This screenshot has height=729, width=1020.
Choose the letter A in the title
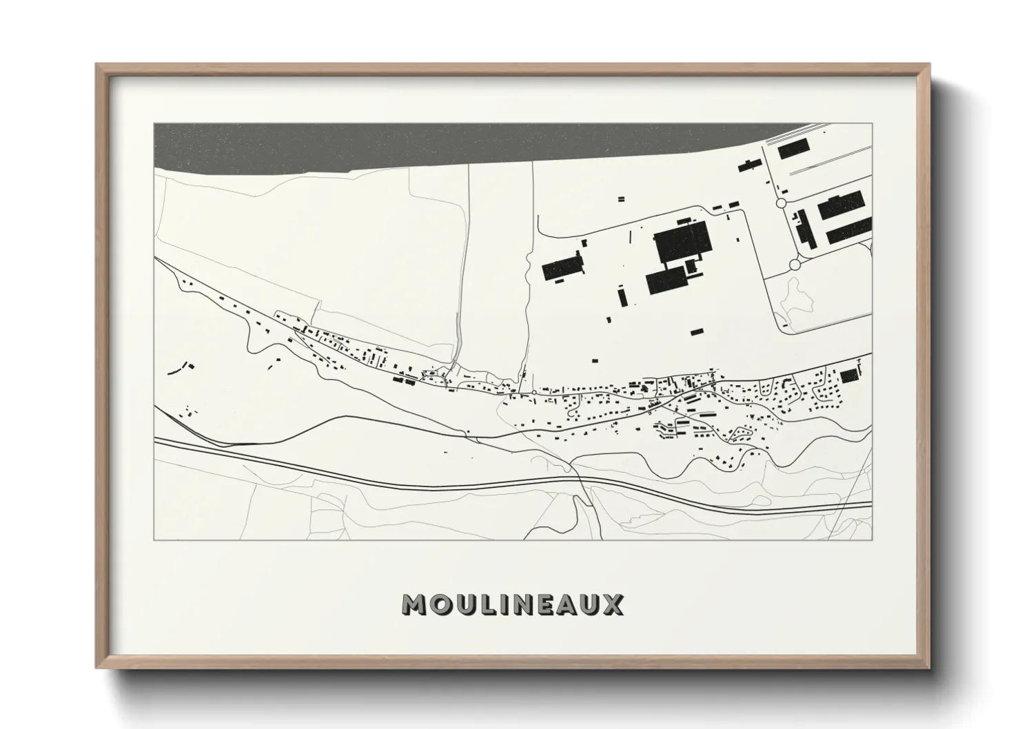coord(569,605)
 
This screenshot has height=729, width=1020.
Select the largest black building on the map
coord(681,241)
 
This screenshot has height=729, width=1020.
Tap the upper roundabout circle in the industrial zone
coord(781,203)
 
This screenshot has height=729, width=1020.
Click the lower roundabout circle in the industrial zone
coord(795,263)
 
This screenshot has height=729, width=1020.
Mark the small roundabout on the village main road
coord(534,392)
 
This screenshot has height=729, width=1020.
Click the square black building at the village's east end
coord(849,375)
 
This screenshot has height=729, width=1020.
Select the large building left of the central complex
coord(562,267)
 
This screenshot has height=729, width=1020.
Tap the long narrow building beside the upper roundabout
coord(803,228)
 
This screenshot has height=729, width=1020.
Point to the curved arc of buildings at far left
coord(179,369)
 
